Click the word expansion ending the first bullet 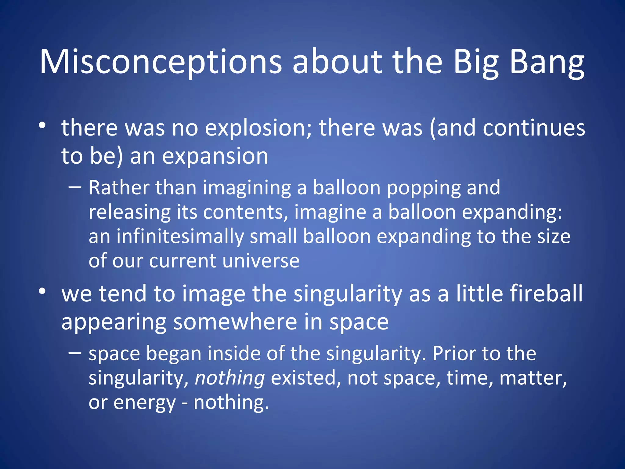215,156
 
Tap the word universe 261,261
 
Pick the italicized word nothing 230,378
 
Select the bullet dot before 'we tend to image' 42,291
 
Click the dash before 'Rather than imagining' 75,187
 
